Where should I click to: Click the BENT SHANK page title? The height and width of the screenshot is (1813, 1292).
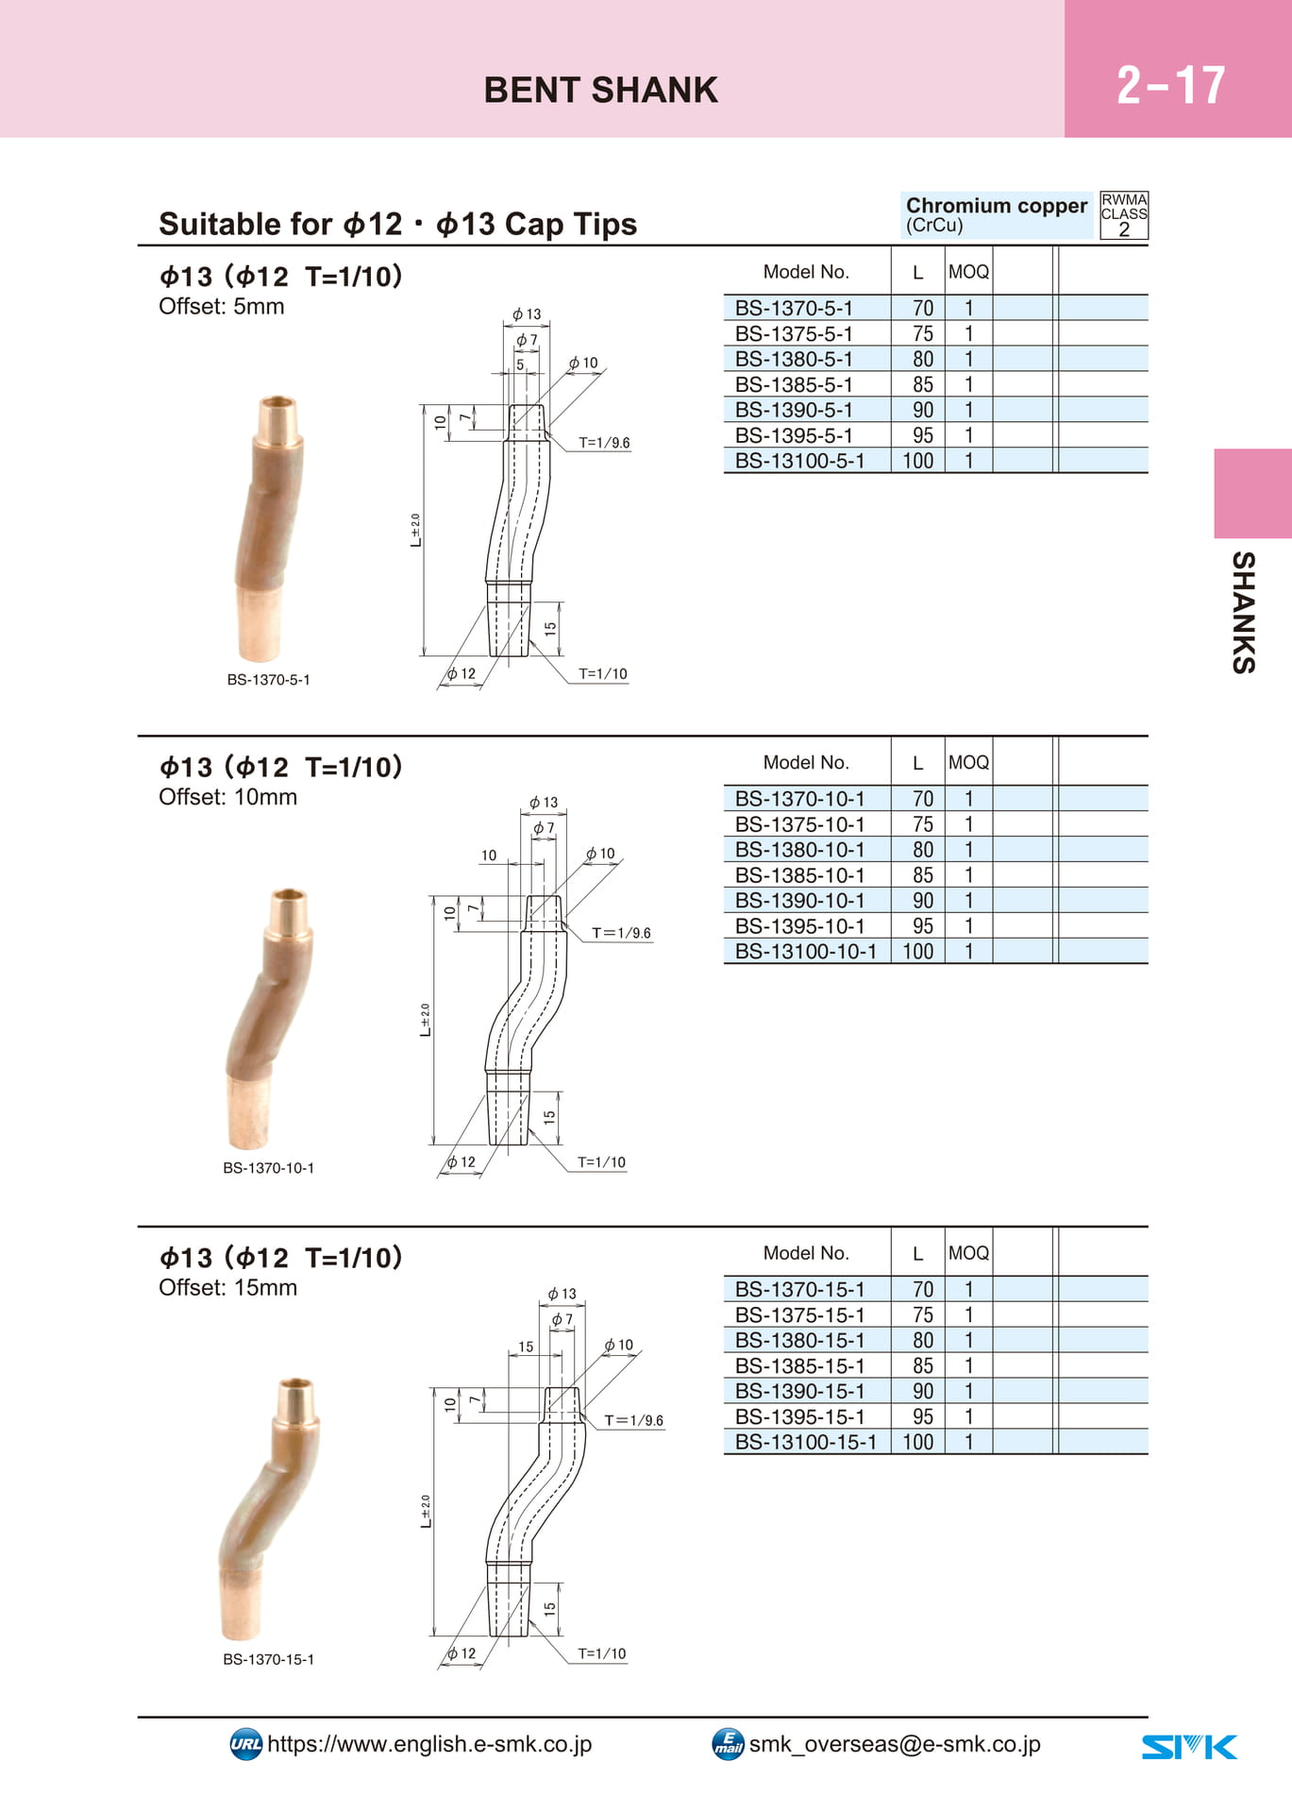pos(601,90)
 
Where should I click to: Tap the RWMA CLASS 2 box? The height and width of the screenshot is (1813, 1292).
pos(1124,215)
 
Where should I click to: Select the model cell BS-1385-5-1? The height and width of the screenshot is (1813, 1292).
pos(794,384)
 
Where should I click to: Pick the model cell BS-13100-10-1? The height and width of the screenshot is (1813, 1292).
pos(806,951)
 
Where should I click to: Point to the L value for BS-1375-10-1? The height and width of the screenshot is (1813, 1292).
pos(922,824)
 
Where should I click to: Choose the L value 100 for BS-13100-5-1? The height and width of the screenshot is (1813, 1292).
pos(918,461)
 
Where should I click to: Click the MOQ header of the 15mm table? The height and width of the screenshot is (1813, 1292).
pos(968,1253)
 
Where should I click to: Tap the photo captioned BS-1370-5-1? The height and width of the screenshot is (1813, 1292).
pos(268,529)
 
